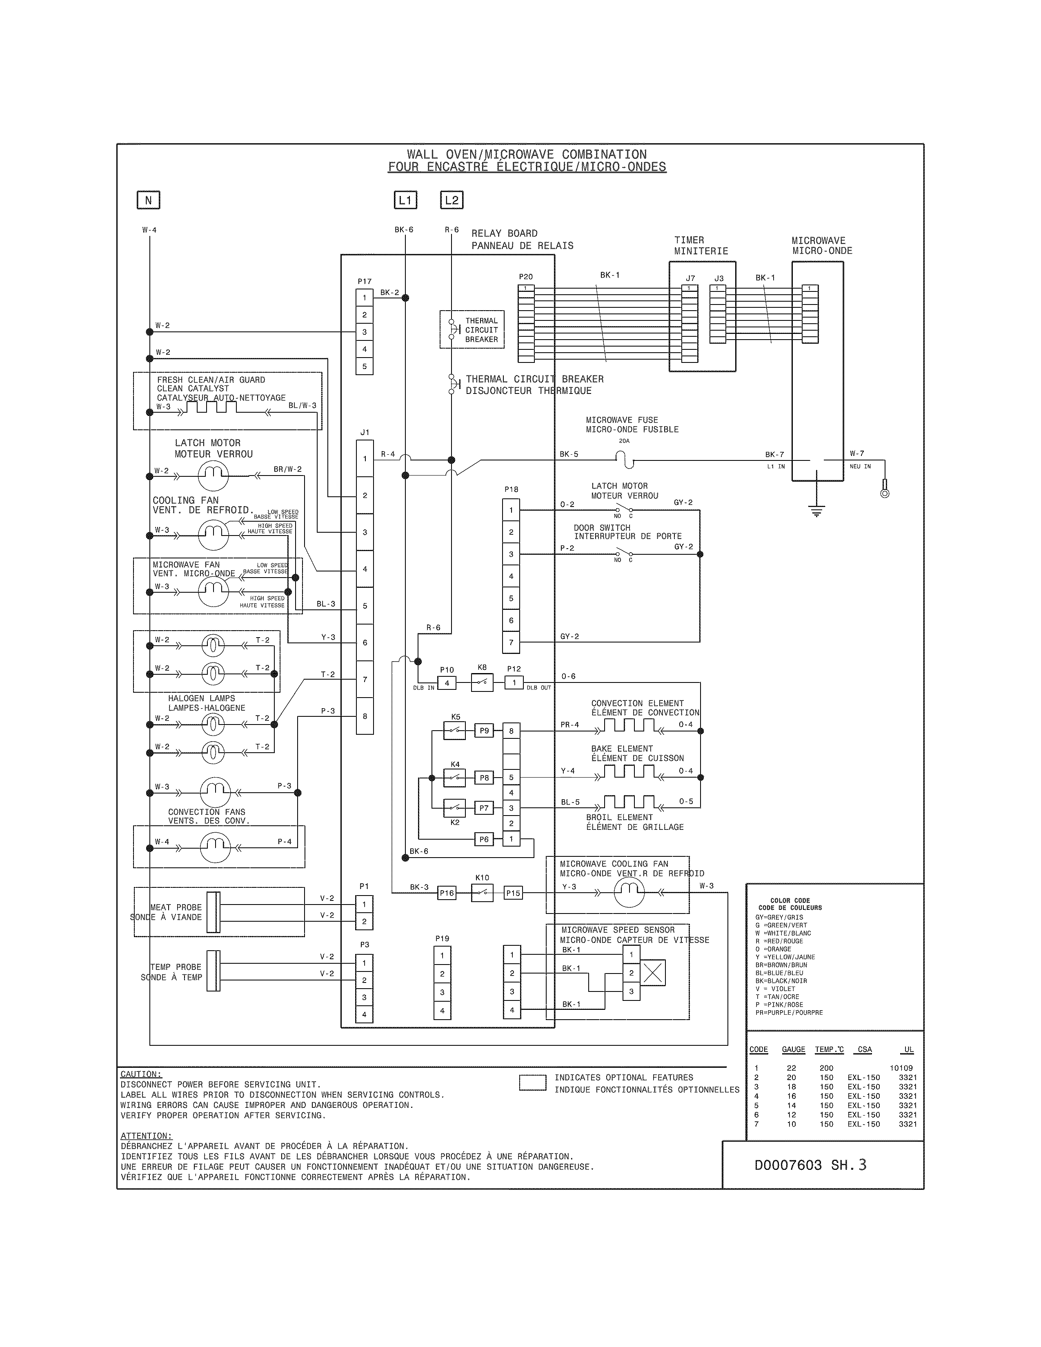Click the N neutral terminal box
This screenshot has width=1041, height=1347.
[148, 200]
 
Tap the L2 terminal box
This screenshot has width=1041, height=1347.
[452, 200]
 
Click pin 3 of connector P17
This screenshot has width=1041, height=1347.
[365, 332]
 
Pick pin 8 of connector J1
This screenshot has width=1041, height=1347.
[365, 716]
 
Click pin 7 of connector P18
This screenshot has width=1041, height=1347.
[511, 642]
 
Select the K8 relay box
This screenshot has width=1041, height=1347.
[482, 683]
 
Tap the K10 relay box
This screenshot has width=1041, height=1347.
[482, 892]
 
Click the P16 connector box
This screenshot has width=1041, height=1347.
[447, 892]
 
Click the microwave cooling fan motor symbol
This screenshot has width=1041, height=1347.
[629, 892]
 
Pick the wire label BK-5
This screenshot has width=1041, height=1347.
[569, 454]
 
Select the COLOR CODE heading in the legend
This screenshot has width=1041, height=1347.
[790, 900]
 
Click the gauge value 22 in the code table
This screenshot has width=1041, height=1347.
[791, 1068]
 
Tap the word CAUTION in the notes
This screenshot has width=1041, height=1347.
[140, 1074]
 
